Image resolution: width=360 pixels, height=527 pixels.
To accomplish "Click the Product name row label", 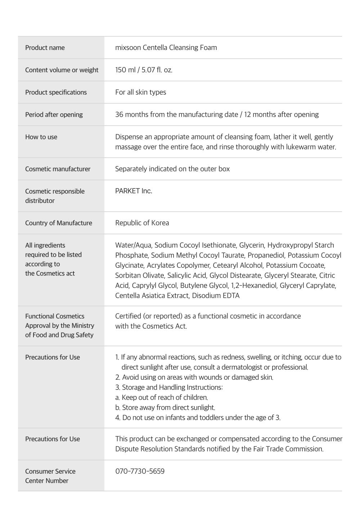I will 45,48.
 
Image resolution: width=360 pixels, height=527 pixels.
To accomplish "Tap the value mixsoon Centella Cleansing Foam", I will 166,48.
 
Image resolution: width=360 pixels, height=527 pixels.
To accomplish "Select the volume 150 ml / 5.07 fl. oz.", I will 144,70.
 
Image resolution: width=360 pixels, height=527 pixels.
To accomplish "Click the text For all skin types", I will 140,92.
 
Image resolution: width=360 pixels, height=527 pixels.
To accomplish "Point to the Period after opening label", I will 54,114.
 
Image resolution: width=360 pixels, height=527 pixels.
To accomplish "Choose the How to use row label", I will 41,137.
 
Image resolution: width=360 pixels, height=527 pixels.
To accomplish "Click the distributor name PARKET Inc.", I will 134,191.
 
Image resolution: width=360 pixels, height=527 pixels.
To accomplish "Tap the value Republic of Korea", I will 142,223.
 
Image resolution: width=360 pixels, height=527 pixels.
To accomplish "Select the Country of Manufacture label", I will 59,223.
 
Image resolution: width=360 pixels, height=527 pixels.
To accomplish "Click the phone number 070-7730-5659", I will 140,471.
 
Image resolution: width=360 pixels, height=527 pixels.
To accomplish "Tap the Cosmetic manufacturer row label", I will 58,169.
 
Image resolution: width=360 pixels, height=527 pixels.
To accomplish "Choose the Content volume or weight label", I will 62,70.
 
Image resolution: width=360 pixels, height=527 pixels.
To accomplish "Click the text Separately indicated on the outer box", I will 172,169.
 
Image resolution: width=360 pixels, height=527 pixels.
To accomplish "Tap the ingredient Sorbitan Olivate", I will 139,275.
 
